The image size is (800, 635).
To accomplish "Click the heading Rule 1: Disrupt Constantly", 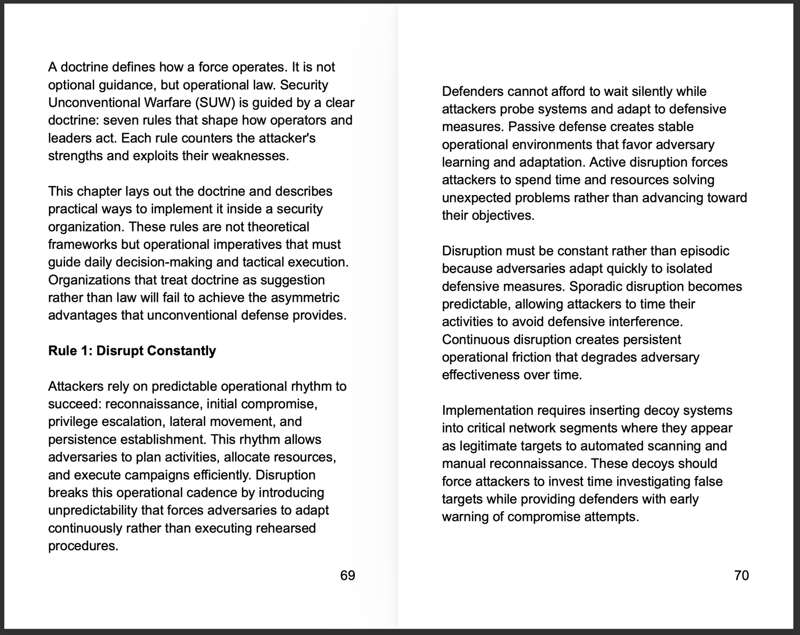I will click(x=132, y=351).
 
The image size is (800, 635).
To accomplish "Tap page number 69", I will click(x=347, y=575).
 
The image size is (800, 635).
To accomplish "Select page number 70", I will click(x=741, y=575).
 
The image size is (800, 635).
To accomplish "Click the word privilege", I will click(x=71, y=422).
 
